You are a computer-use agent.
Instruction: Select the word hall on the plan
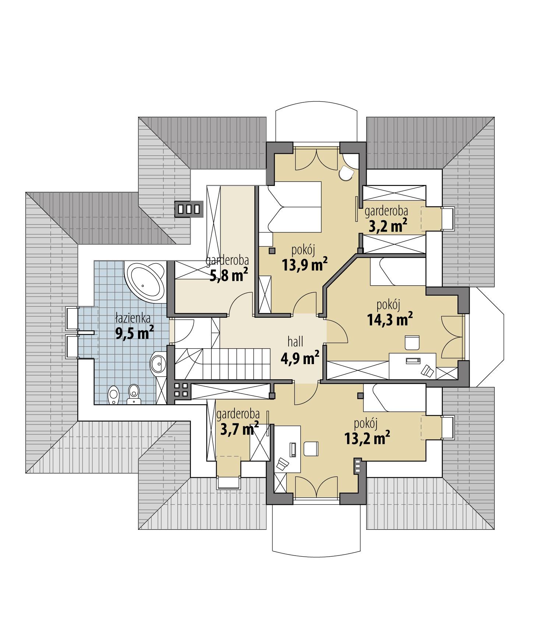tap(295, 342)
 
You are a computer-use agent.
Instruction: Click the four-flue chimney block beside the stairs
tap(181, 390)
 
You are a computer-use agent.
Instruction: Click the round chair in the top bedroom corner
tap(346, 173)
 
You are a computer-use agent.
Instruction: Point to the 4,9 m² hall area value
tap(300, 358)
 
